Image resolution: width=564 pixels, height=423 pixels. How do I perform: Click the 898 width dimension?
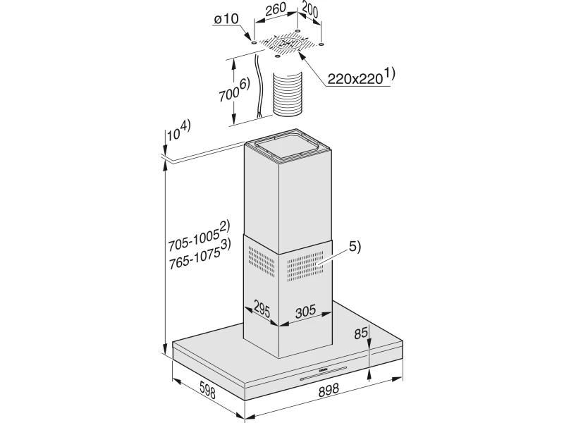pos(329,390)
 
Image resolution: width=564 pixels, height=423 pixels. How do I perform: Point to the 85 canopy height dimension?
pos(361,333)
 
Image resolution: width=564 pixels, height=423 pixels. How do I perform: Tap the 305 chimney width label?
pos(305,311)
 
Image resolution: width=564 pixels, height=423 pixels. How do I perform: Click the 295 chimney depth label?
pos(262,308)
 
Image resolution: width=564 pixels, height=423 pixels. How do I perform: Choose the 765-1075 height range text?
pos(200,255)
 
